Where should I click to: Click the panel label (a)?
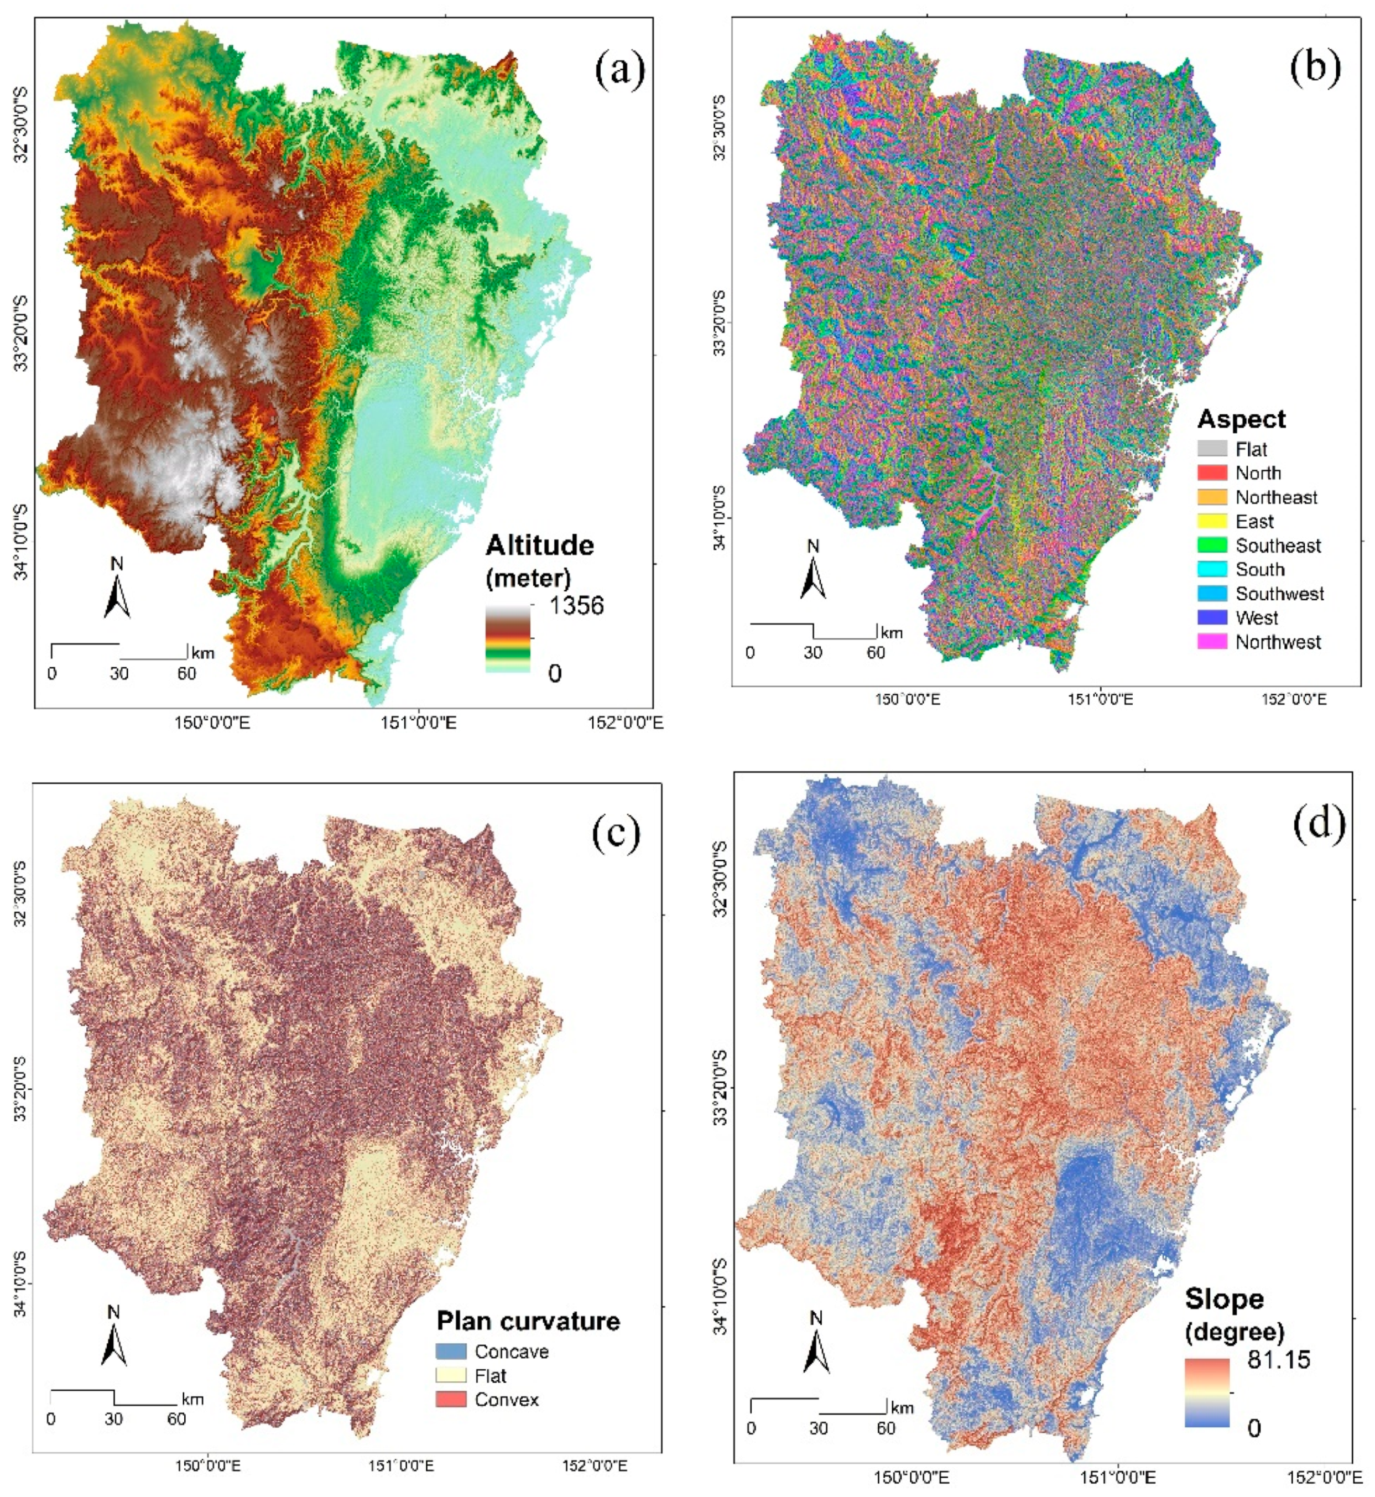620,71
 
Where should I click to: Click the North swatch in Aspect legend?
1212,473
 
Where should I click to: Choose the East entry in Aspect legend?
1254,522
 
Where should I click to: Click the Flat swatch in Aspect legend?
1212,449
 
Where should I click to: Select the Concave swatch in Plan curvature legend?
451,1350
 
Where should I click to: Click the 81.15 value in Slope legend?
1279,1359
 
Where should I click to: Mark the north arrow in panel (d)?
816,1344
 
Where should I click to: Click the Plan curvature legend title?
528,1321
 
